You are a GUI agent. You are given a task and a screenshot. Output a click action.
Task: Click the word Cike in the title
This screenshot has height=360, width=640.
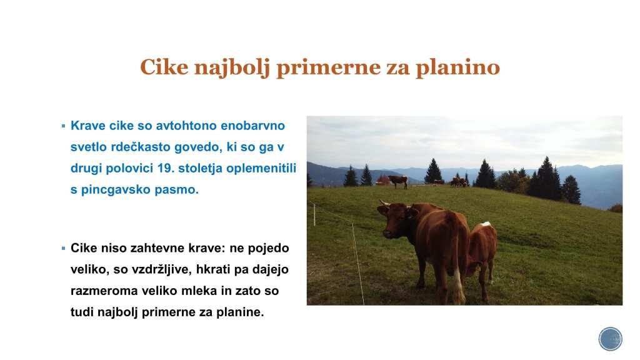pyautogui.click(x=164, y=67)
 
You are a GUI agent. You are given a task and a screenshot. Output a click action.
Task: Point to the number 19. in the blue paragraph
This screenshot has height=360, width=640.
pyautogui.click(x=166, y=168)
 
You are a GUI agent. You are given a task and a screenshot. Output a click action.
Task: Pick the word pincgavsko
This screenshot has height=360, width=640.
pyautogui.click(x=110, y=190)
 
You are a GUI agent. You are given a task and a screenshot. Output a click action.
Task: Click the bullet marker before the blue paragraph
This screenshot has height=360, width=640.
pyautogui.click(x=63, y=126)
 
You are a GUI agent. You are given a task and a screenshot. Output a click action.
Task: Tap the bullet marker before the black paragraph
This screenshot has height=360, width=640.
pyautogui.click(x=63, y=248)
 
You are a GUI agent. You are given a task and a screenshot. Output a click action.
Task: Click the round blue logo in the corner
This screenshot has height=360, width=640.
pyautogui.click(x=611, y=339)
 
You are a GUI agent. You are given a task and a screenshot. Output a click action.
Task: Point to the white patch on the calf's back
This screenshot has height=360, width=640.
pyautogui.click(x=485, y=224)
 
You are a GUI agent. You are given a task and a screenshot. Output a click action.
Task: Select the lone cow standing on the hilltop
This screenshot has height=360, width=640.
pyautogui.click(x=398, y=181)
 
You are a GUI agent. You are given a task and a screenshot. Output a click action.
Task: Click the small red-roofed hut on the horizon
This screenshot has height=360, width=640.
pyautogui.click(x=383, y=179)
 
